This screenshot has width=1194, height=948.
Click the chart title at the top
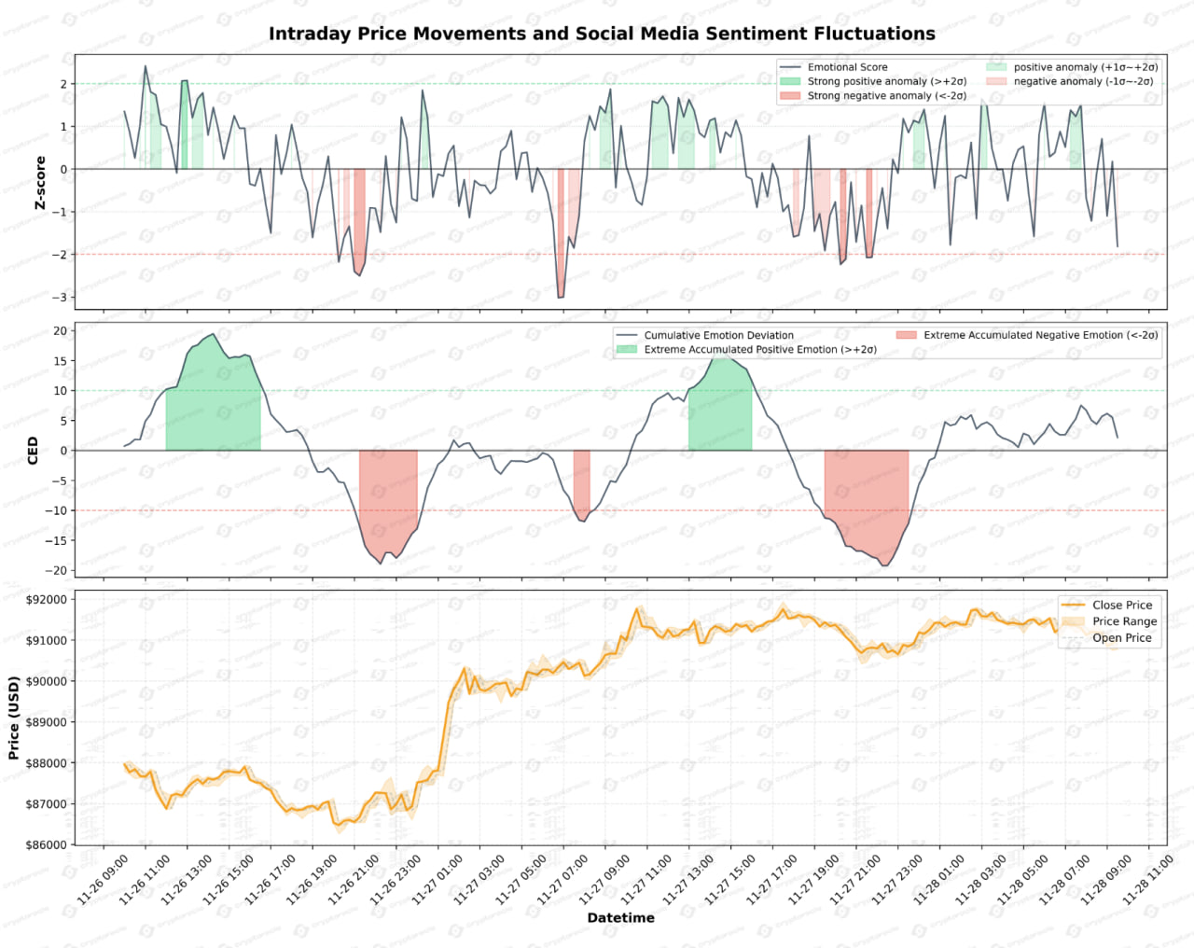click(x=602, y=34)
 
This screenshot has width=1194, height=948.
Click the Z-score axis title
click(x=40, y=182)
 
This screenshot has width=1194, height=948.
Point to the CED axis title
click(x=34, y=450)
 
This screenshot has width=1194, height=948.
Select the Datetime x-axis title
click(x=620, y=917)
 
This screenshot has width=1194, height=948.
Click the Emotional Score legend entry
click(x=847, y=67)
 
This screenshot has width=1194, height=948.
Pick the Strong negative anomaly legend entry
click(x=886, y=96)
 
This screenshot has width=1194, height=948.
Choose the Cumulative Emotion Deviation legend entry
click(x=718, y=335)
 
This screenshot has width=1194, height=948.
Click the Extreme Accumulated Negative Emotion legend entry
click(x=1040, y=335)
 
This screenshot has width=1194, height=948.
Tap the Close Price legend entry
click(x=1122, y=605)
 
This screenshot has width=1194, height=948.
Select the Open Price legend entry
click(x=1122, y=638)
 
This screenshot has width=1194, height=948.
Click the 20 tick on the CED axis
click(x=60, y=330)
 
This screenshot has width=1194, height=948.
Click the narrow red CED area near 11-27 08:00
click(x=581, y=481)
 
